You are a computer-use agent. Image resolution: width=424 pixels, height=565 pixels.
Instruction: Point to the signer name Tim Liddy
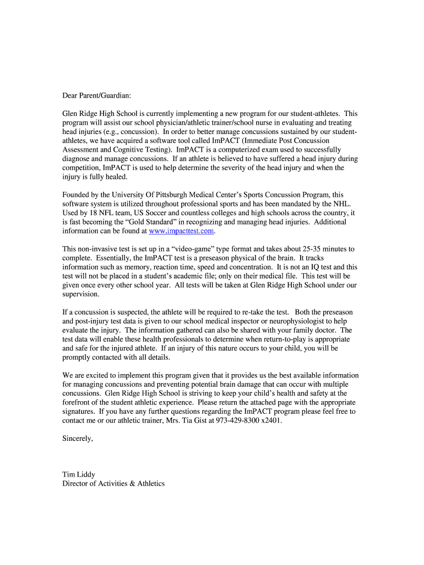click(x=80, y=475)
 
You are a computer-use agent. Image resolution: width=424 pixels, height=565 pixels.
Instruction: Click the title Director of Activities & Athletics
click(x=113, y=484)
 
